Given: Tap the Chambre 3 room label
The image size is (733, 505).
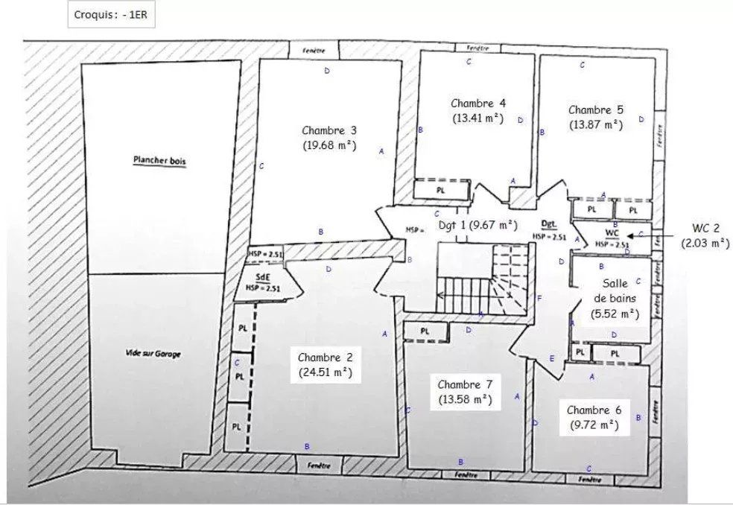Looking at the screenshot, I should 329,130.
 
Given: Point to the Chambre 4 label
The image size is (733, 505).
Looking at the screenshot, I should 478,103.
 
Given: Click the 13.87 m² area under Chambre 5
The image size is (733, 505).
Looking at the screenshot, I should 595,125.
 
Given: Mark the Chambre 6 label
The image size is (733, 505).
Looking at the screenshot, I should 594,410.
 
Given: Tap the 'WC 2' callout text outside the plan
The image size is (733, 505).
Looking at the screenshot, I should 705,227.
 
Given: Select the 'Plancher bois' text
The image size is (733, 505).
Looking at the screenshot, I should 159,160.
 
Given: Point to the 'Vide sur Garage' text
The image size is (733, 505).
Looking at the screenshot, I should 153,355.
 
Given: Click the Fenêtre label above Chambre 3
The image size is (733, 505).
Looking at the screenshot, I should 313,50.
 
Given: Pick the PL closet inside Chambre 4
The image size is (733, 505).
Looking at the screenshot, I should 441,191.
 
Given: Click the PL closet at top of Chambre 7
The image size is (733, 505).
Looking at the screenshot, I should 425,331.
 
